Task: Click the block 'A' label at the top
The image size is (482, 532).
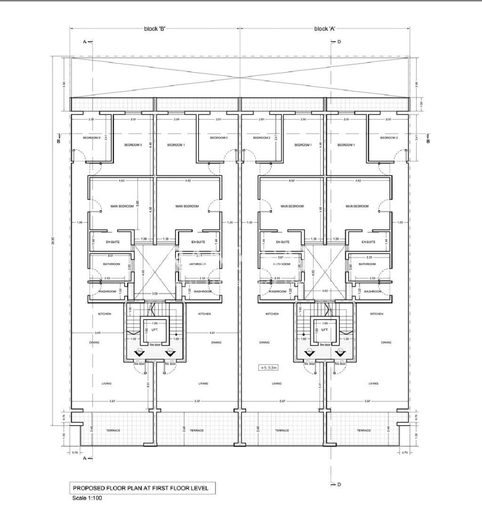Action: [x=324, y=29]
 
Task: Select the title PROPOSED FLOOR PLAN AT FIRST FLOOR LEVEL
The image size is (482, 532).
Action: [x=141, y=488]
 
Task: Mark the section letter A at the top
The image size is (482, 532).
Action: [x=85, y=42]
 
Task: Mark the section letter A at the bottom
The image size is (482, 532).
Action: [x=85, y=458]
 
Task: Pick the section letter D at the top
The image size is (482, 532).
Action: [x=338, y=42]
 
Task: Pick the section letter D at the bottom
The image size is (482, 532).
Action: [x=338, y=484]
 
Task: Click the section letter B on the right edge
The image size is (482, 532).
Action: [x=428, y=141]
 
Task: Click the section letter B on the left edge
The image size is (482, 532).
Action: [x=58, y=141]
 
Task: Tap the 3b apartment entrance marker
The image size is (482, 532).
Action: [x=139, y=352]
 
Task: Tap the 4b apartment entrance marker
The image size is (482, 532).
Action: [x=169, y=352]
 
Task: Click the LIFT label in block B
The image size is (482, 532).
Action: [x=154, y=330]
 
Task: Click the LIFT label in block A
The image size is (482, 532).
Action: [x=325, y=330]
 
